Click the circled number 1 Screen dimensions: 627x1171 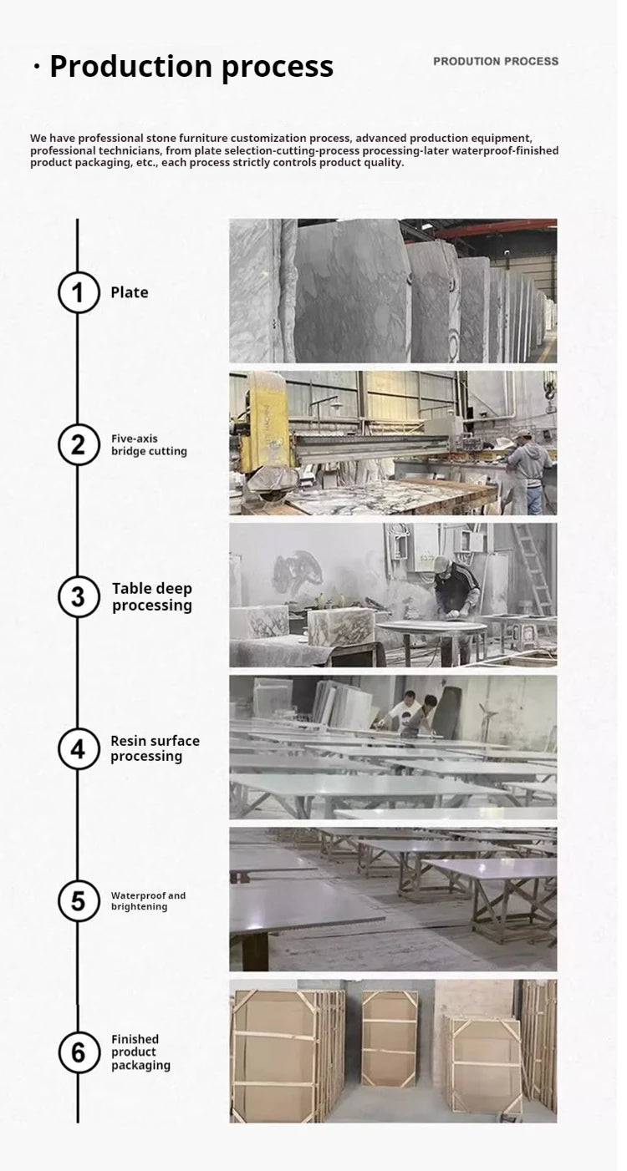click(x=78, y=292)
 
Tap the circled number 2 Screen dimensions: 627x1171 click(x=78, y=445)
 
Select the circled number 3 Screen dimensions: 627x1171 click(x=78, y=596)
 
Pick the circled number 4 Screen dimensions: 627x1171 click(x=78, y=749)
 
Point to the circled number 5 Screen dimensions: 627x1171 click(x=78, y=900)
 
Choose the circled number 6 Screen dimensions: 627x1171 click(x=78, y=1052)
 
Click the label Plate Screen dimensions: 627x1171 click(x=130, y=292)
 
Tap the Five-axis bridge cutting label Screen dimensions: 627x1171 click(x=149, y=445)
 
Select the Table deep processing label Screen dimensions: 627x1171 click(x=152, y=596)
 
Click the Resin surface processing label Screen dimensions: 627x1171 click(x=155, y=748)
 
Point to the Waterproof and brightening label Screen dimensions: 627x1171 click(x=148, y=900)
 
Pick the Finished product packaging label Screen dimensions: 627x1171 click(x=140, y=1052)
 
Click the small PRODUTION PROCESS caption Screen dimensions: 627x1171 click(x=496, y=61)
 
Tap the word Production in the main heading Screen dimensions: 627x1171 click(x=131, y=67)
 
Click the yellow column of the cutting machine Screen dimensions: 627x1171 click(x=267, y=423)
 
